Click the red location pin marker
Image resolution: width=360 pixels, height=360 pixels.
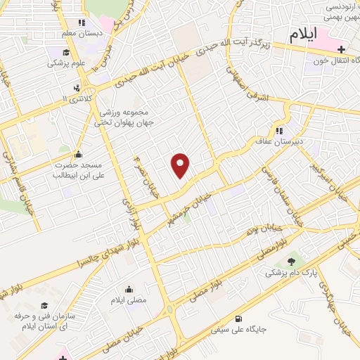pyautogui.click(x=181, y=166)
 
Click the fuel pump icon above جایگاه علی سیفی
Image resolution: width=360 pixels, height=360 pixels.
pyautogui.click(x=244, y=318)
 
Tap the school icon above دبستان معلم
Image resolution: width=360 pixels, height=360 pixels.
pyautogui.click(x=82, y=23)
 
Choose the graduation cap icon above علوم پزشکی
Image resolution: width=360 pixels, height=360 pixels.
pyautogui.click(x=65, y=52)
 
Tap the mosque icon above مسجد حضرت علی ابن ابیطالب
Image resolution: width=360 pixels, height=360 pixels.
pyautogui.click(x=78, y=155)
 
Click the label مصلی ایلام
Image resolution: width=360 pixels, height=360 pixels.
pyautogui.click(x=129, y=300)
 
